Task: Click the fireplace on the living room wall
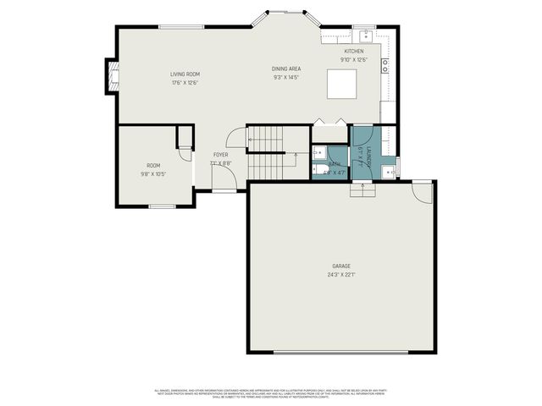click(109, 77)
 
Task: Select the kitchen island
click(343, 85)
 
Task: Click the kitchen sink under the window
click(366, 36)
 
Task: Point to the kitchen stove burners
click(385, 63)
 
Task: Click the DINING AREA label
click(286, 69)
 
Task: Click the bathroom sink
click(320, 152)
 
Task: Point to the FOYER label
click(220, 155)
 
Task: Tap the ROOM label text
click(153, 166)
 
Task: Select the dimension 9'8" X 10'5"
click(153, 174)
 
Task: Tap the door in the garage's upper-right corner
click(420, 192)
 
